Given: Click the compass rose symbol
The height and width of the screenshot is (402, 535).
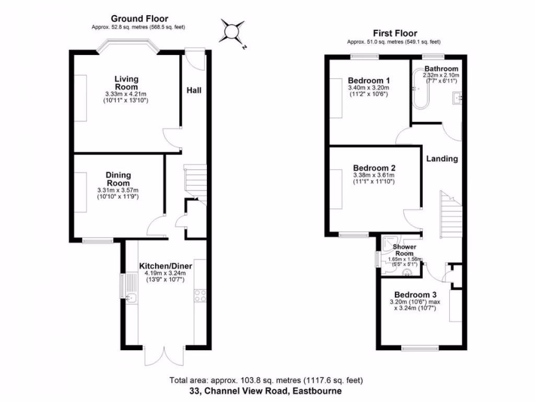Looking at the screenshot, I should (231, 32).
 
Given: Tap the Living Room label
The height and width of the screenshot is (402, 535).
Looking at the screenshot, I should (126, 83).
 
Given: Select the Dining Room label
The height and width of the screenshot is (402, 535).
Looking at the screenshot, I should (118, 179).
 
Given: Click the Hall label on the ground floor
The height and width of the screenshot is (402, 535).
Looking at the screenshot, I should (194, 90).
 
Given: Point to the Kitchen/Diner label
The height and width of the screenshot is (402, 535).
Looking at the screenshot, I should (166, 266).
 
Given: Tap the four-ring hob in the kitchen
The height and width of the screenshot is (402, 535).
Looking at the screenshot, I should (200, 296).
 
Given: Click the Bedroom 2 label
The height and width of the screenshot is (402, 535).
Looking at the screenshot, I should (374, 168).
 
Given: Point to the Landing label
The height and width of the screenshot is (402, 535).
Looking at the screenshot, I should (442, 159).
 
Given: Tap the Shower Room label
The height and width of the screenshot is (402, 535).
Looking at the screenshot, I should (404, 250).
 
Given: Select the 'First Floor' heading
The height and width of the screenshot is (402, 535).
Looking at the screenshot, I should (394, 33).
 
